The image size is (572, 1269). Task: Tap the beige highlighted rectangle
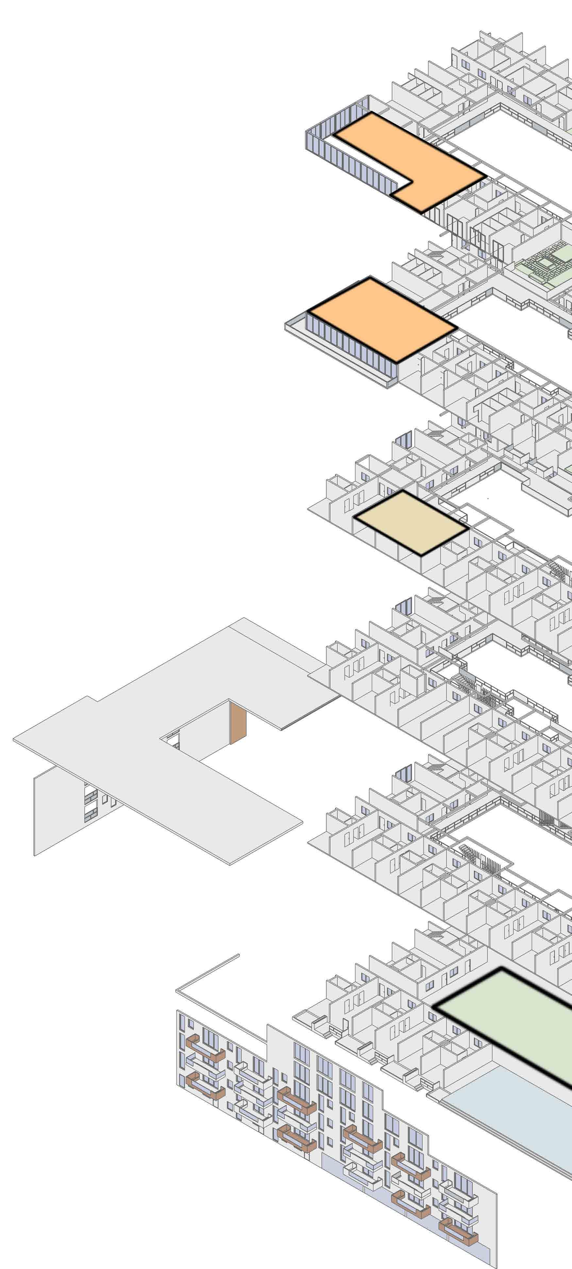click(412, 522)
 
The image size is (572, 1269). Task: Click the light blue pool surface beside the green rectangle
click(513, 1109)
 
